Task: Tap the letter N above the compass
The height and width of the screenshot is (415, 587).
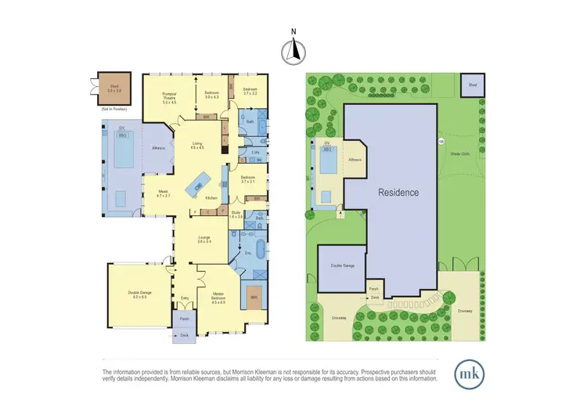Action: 293,32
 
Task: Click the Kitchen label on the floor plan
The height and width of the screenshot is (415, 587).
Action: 211,198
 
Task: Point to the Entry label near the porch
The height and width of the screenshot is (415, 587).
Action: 185,298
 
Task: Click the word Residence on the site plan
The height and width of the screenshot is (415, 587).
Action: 398,193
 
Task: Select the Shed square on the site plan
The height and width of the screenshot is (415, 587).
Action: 472,85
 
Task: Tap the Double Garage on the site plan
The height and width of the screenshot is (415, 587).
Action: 342,267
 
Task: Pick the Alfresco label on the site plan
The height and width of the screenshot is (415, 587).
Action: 355,160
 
